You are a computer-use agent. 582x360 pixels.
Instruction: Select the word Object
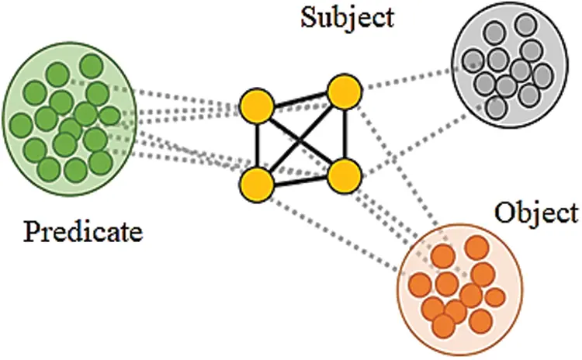pyautogui.click(x=535, y=212)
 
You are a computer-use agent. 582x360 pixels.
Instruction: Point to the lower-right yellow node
pyautogui.click(x=343, y=176)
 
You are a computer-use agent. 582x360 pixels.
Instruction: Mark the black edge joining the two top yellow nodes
pyautogui.click(x=300, y=99)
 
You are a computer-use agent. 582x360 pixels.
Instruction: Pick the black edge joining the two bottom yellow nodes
pyautogui.click(x=300, y=180)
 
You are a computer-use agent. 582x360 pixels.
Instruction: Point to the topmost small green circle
pyautogui.click(x=91, y=64)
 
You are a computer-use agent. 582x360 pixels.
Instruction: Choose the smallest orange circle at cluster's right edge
pyautogui.click(x=494, y=296)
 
